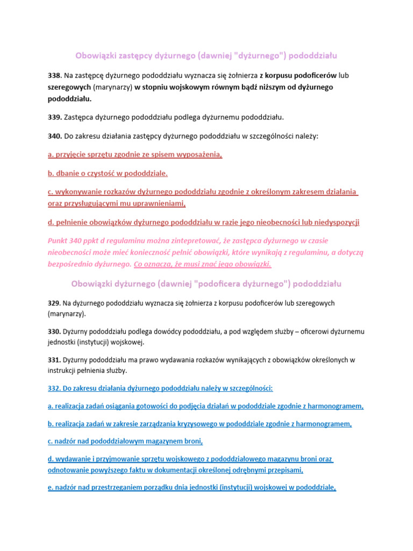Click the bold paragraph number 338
pyautogui.click(x=54, y=75)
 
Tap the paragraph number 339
pyautogui.click(x=54, y=117)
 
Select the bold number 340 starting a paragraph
pyautogui.click(x=54, y=136)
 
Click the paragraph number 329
pyautogui.click(x=54, y=303)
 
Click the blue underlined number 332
pyautogui.click(x=54, y=388)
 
